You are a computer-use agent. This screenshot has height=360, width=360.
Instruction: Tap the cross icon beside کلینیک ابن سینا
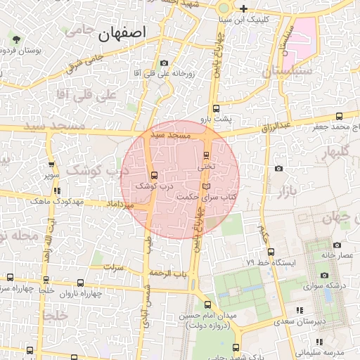pyautogui.click(x=243, y=8)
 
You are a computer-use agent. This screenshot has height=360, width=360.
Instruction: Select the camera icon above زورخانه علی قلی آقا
pyautogui.click(x=164, y=63)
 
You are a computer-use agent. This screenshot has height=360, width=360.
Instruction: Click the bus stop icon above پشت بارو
pyautogui.click(x=215, y=108)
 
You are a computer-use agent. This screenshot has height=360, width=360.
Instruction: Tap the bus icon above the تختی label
pyautogui.click(x=206, y=156)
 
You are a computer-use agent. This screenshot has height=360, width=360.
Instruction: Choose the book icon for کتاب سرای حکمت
pyautogui.click(x=205, y=186)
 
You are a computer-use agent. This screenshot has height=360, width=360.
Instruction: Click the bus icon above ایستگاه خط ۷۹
pyautogui.click(x=271, y=252)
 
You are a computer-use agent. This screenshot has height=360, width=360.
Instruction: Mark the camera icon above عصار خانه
pyautogui.click(x=337, y=245)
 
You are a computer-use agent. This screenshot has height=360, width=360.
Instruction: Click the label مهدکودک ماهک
pyautogui.click(x=52, y=202)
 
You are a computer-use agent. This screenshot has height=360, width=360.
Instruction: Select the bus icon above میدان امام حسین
pyautogui.click(x=207, y=304)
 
